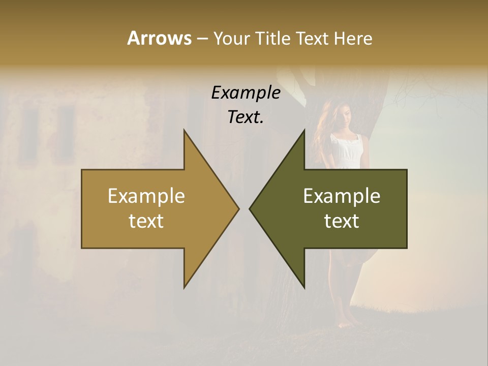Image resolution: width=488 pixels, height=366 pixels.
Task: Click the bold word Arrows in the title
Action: tap(159, 38)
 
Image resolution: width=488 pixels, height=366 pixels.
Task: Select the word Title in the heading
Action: tap(273, 39)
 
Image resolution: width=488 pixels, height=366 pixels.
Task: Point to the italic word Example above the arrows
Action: tap(246, 93)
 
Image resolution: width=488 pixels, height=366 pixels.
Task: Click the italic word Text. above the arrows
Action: tap(246, 117)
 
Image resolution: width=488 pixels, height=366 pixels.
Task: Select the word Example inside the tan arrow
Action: tap(146, 196)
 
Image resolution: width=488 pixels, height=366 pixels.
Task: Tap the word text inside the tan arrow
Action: tap(146, 221)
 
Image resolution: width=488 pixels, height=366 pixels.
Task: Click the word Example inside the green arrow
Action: tap(342, 196)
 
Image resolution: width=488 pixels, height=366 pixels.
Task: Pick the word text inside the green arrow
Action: tap(342, 221)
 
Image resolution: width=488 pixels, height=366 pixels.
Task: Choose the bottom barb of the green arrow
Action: tap(304, 285)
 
